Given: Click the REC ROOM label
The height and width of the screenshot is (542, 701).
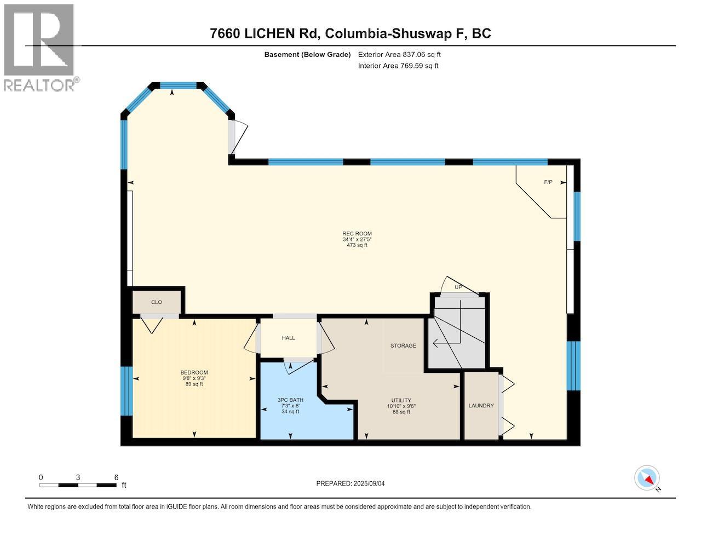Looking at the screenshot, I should (x=357, y=234).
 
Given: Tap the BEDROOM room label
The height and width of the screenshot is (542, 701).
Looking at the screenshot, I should (x=194, y=373).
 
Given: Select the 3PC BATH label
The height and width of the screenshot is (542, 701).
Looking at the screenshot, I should (x=290, y=400).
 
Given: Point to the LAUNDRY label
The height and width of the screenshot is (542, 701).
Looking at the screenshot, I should (x=481, y=406).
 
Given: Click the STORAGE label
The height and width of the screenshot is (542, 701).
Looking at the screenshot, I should (x=403, y=345).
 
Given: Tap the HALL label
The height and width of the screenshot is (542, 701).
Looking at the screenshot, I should (x=289, y=338).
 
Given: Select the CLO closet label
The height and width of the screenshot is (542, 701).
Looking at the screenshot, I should (x=157, y=302).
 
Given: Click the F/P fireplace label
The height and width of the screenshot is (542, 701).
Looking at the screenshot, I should (x=548, y=182).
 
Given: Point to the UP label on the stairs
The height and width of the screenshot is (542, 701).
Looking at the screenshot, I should (x=458, y=287).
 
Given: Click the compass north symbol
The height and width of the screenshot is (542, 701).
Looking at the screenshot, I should (x=647, y=478).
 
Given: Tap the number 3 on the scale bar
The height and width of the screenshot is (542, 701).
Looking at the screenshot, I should (x=78, y=477).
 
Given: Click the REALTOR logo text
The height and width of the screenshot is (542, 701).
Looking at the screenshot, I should (x=40, y=85).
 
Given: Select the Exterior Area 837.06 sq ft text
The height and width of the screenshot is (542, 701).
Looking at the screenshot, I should (x=399, y=54).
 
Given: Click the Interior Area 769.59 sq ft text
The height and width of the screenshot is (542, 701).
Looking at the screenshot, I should (x=398, y=66).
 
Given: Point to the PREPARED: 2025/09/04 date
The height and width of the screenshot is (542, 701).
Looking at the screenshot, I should (x=354, y=483).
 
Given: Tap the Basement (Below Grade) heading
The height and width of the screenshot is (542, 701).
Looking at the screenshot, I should (x=307, y=54).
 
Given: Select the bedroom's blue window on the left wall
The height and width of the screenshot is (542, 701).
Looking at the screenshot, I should (x=127, y=391).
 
